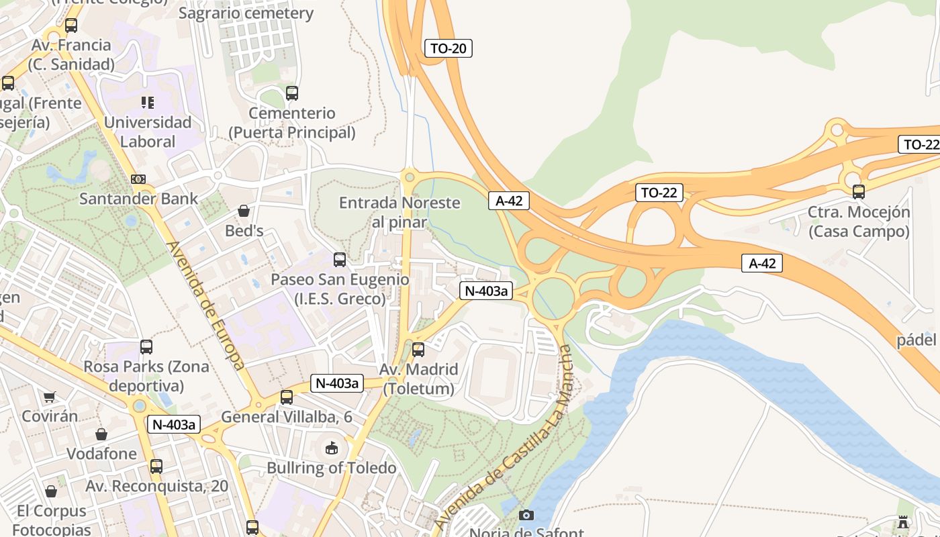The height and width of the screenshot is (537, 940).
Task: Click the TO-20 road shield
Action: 449,48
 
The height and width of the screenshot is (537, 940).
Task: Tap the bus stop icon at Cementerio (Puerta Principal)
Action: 291,93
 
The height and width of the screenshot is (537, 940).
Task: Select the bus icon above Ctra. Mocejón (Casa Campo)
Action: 858,192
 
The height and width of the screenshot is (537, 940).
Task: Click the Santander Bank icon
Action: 138,179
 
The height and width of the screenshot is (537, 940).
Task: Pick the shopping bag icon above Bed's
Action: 243,211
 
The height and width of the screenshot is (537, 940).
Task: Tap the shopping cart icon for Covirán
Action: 49,397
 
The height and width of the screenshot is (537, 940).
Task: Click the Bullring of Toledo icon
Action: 332,448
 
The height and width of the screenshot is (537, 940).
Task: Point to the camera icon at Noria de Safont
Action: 526,515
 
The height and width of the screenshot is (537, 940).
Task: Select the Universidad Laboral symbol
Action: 147,103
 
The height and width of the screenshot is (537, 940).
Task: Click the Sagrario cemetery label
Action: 246,13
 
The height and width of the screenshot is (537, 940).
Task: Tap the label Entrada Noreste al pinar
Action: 399,212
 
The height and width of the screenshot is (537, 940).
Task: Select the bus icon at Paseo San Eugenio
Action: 340,260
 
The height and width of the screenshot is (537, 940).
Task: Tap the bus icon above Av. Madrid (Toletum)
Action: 418,350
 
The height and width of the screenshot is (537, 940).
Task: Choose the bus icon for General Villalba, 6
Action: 287,397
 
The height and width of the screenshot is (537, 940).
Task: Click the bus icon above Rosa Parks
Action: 146,347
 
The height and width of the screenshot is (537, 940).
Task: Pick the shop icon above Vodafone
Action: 101,434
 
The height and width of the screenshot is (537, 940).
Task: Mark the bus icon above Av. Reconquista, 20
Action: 156,466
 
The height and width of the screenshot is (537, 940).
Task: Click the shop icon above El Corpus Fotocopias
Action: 50,491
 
